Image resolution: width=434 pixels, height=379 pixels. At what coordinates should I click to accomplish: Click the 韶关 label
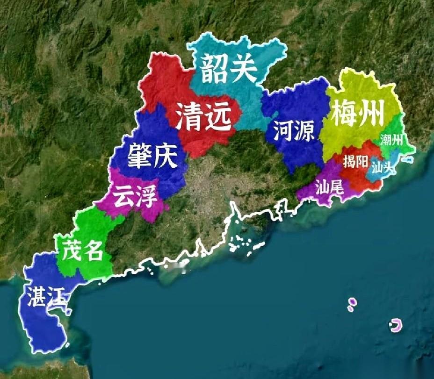coord(229,69)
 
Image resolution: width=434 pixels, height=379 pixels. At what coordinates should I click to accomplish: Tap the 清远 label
coord(203,117)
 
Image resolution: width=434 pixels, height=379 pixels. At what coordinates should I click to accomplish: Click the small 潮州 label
coord(391,140)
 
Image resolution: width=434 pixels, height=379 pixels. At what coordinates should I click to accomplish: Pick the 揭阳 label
coord(355,162)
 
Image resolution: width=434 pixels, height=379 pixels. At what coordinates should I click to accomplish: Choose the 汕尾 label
coord(329,187)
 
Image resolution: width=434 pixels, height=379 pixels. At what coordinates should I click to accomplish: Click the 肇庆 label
coord(152,157)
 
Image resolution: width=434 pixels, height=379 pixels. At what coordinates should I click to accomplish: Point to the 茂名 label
coord(83,252)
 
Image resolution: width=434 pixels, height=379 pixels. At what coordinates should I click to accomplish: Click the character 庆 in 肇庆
coord(166,157)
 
